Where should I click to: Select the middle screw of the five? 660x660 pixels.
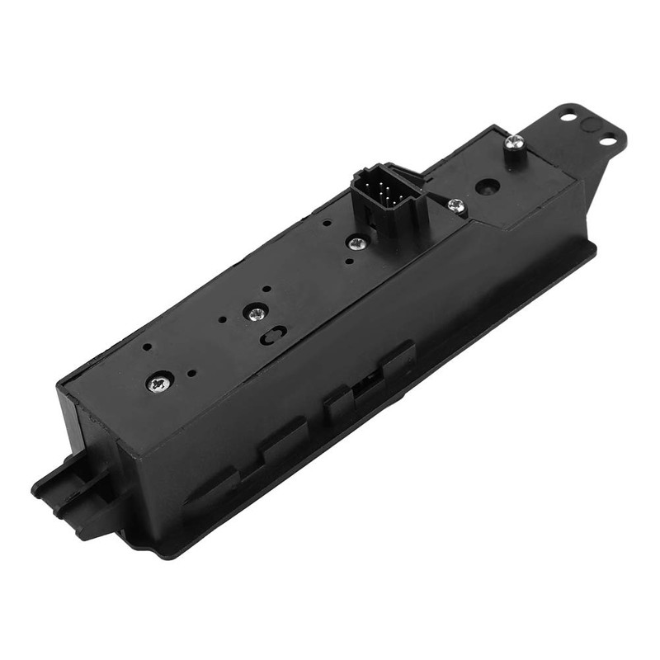(x=357, y=243)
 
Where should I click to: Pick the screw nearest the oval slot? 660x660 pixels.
(x=257, y=313)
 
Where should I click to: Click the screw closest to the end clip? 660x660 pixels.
(x=158, y=381)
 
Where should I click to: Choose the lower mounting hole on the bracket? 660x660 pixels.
(x=607, y=141)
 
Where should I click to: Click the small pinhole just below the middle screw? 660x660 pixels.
(x=350, y=262)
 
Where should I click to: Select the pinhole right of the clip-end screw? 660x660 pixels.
(x=191, y=373)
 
